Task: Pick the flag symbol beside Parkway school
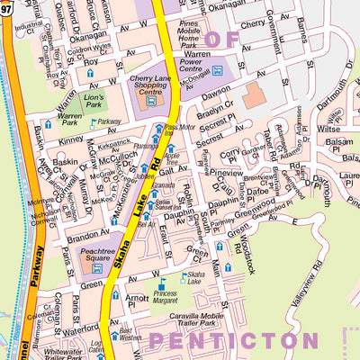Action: [x=93, y=121]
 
